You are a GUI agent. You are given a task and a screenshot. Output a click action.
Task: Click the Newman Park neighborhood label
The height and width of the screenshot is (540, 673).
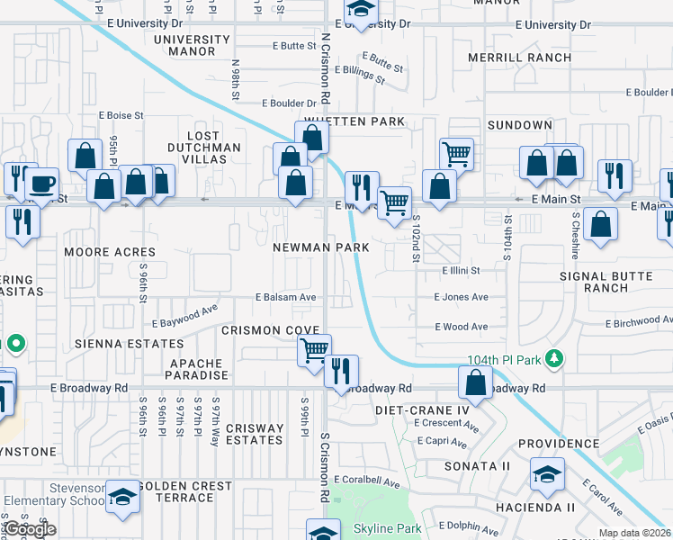point(321,247)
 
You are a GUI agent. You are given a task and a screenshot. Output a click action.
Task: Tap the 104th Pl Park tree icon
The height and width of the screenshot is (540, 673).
point(556,360)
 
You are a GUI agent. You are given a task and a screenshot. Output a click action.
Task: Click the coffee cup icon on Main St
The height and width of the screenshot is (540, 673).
point(40,184)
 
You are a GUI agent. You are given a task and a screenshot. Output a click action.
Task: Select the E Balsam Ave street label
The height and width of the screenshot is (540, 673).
point(285,297)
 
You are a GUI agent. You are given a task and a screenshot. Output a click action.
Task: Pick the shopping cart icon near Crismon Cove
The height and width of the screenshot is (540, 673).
point(314,349)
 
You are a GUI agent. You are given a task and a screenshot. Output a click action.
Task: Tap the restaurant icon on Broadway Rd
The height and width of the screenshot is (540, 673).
point(341,370)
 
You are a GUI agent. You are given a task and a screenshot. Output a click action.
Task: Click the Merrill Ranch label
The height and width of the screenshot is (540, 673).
point(519,58)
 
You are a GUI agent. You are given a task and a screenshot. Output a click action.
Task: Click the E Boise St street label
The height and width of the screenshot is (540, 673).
point(121,115)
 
